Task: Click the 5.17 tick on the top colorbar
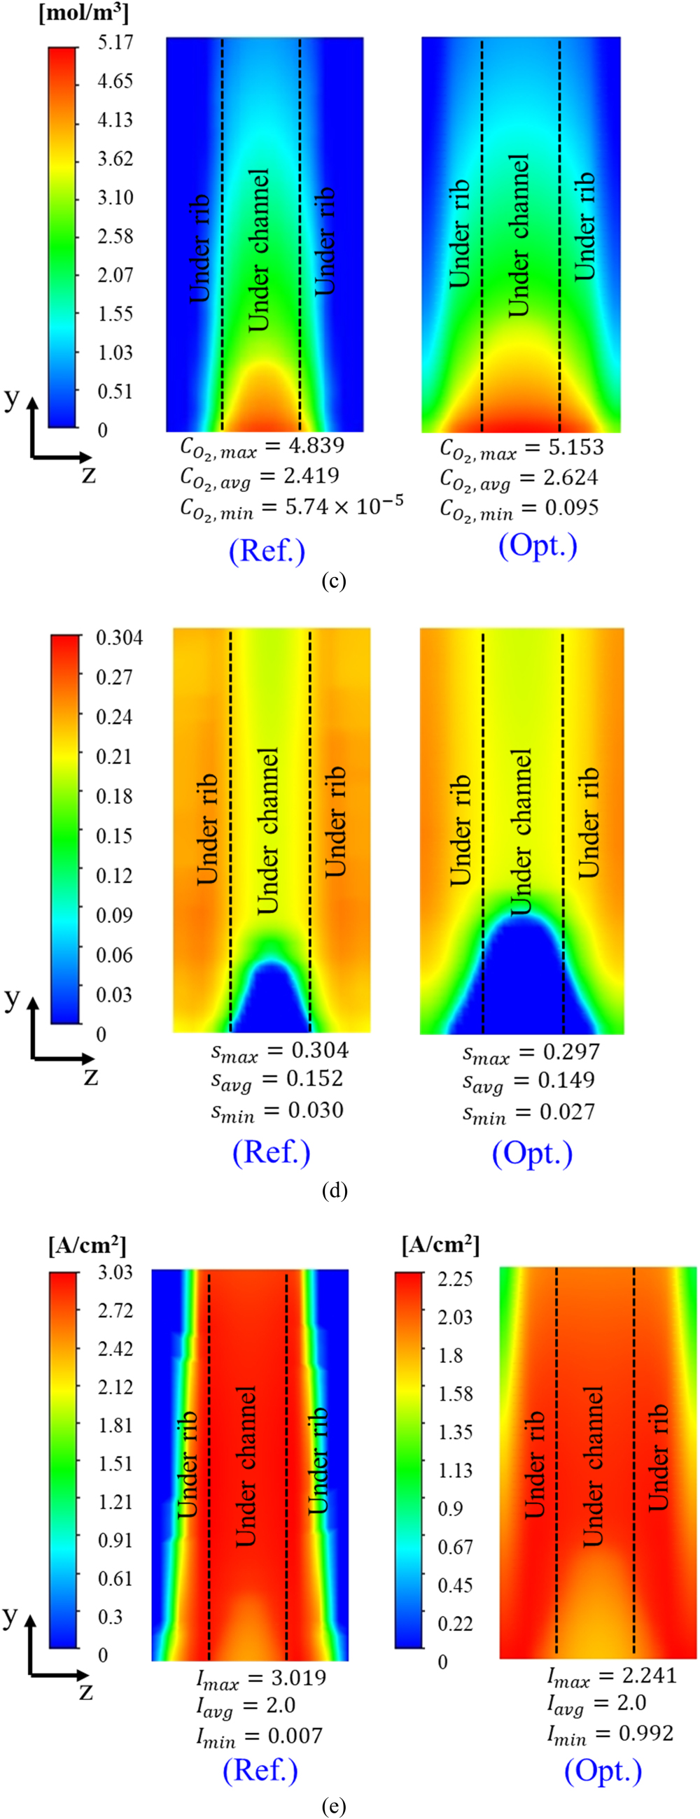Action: (x=115, y=43)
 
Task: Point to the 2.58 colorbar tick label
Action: (x=115, y=236)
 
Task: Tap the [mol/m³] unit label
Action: (x=83, y=13)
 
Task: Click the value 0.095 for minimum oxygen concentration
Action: (x=570, y=507)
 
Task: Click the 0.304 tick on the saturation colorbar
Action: (x=120, y=637)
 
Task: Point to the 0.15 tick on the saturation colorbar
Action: (x=114, y=835)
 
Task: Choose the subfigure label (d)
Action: (x=334, y=1191)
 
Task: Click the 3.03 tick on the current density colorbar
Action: (x=115, y=1272)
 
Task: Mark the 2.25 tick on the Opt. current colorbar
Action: (x=455, y=1279)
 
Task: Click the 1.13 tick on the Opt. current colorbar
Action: (x=455, y=1470)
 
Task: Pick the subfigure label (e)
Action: (x=333, y=1806)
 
